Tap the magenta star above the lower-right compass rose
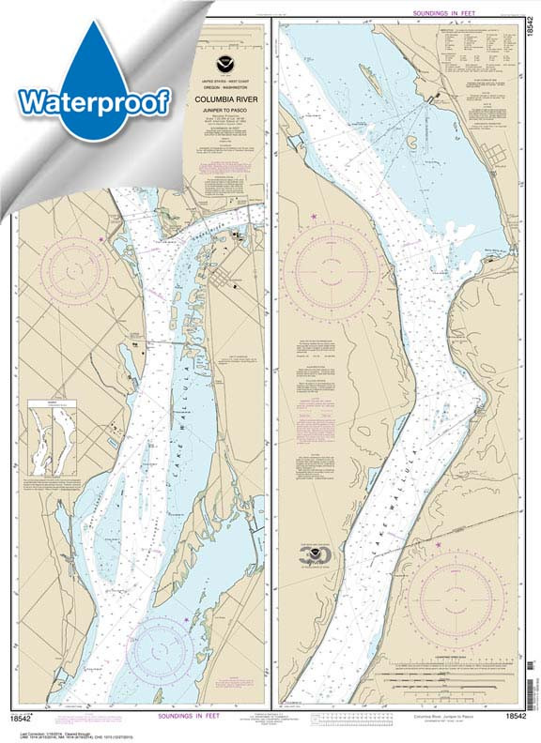click(439, 546)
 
